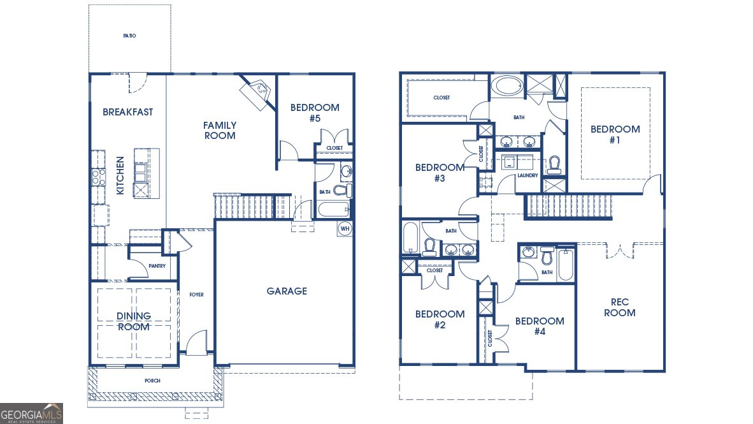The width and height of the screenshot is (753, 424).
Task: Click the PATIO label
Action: (129, 36)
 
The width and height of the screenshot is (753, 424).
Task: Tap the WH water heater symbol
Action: (345, 228)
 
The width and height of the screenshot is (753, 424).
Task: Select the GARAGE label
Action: (287, 291)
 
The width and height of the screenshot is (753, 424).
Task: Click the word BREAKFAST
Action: (128, 112)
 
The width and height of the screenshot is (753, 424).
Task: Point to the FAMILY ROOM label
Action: (220, 130)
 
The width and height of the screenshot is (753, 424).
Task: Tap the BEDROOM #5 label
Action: (315, 113)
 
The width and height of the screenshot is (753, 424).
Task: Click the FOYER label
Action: (196, 295)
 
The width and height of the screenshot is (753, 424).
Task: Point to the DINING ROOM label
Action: (134, 321)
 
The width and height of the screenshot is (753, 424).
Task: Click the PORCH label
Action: (152, 381)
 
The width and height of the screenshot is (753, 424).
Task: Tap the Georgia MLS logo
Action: (32, 413)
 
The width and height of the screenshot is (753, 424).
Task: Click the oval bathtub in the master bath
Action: (508, 85)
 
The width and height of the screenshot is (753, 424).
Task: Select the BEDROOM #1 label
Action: (615, 135)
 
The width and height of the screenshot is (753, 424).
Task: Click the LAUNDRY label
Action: (527, 175)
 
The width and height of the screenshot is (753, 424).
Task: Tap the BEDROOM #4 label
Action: (540, 326)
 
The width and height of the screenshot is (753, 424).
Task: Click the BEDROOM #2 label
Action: (440, 319)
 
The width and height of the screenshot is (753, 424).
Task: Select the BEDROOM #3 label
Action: (440, 173)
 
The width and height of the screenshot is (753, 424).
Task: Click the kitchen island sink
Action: (140, 170)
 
